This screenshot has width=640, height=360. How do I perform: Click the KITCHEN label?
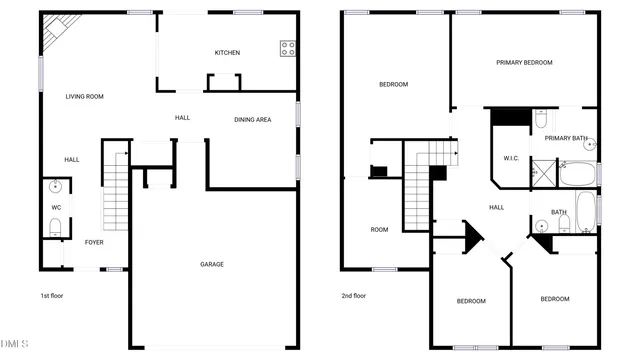(x=227, y=53)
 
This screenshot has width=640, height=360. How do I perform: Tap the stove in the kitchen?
(x=288, y=46)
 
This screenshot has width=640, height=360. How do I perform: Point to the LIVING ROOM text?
(x=85, y=97)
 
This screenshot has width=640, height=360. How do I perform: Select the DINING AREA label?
(x=252, y=120)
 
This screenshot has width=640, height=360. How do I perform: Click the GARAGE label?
(x=211, y=264)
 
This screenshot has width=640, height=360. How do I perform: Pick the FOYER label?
(x=94, y=242)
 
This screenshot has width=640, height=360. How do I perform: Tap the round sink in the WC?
(x=55, y=186)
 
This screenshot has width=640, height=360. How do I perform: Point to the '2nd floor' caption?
(x=354, y=296)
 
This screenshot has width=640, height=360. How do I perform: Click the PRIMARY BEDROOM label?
(x=524, y=63)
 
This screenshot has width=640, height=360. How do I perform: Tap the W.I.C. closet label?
(x=510, y=158)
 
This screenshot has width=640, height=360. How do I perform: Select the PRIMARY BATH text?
(x=565, y=138)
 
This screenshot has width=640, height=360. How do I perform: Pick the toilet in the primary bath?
(x=540, y=120)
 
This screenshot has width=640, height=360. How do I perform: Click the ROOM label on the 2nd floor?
(x=379, y=230)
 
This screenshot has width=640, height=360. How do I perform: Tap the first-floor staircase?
(x=117, y=195)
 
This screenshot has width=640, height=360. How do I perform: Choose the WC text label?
(x=56, y=208)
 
